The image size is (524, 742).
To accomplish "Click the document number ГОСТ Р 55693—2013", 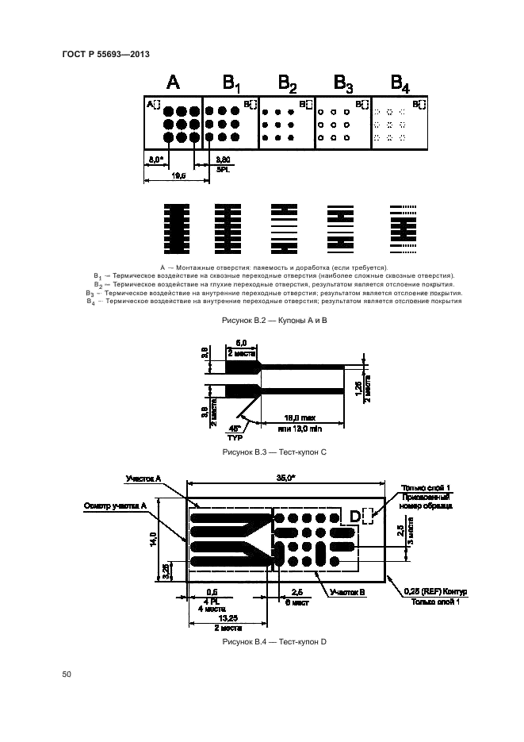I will (105, 54).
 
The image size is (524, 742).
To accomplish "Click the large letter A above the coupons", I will (174, 83).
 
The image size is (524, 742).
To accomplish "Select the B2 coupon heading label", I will (288, 83).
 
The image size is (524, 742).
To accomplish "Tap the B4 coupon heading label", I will (401, 83).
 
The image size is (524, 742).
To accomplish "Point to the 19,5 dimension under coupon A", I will (178, 175).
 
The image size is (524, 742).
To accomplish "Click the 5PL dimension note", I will (224, 169).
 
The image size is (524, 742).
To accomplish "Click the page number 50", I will (67, 675).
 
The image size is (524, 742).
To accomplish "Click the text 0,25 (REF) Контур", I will (435, 592).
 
